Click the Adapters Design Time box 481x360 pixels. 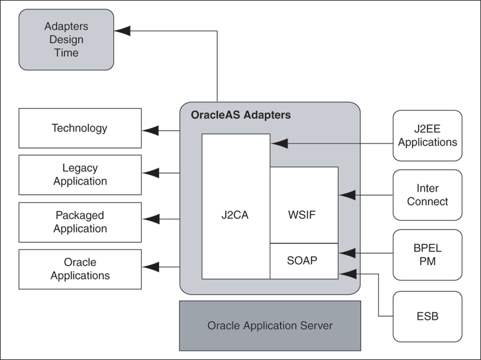point(66,39)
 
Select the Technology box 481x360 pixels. point(80,128)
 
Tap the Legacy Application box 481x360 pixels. point(80,174)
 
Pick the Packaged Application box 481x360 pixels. point(80,221)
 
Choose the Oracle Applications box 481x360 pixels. point(80,269)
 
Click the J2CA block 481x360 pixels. point(235,214)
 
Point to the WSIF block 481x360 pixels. point(303,214)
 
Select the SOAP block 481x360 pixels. point(303,261)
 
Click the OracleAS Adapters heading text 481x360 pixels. point(240,115)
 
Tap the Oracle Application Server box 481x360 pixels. point(270,326)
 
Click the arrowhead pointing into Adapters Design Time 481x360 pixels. point(123,30)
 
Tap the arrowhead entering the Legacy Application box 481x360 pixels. point(151,174)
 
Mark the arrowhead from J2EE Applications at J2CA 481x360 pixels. point(279,141)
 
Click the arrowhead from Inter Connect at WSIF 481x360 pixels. point(347,195)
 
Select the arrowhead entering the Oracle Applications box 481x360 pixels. point(151,267)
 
